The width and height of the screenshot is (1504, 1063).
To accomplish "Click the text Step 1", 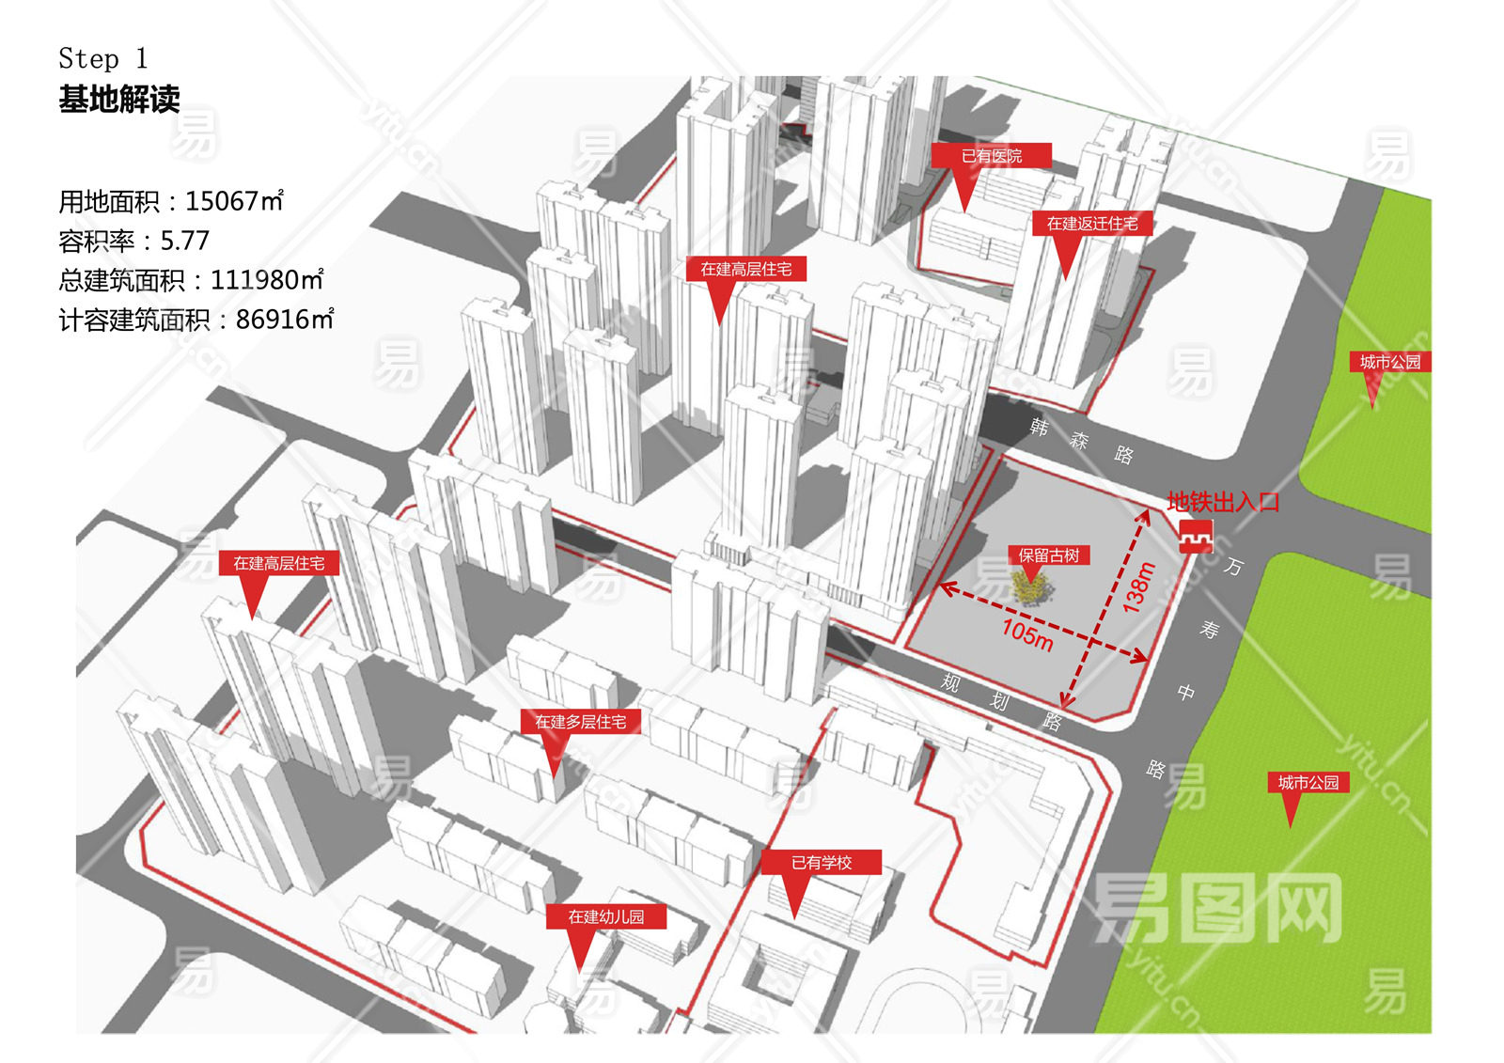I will point(102,59).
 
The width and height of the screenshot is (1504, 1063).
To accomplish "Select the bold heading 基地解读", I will point(119,100).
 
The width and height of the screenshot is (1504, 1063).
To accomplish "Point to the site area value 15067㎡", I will point(234,201).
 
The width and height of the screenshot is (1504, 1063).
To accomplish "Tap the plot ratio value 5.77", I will point(184,241).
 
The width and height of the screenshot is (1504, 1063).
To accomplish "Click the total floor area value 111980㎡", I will point(267,280).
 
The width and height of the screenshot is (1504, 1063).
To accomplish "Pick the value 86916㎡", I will point(285,320).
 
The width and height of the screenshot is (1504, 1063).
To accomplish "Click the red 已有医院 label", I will point(991,156).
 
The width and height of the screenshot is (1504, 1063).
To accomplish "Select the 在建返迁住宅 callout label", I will point(1091,224).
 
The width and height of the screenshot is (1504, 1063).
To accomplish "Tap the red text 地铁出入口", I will point(1223,502).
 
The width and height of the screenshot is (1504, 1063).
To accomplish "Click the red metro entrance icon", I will point(1196,536).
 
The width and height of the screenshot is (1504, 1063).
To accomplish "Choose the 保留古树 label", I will point(1048,555).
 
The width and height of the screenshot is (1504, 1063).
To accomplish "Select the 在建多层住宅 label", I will point(580,722).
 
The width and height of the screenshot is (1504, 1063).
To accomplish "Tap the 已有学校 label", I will point(821,863).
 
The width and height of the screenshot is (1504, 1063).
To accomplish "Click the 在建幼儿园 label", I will point(605,916).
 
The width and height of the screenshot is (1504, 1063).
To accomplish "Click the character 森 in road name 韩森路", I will point(1079,440).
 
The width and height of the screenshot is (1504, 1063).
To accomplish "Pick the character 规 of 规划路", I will point(950,682).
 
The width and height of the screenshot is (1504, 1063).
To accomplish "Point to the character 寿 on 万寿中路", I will point(1210,629).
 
